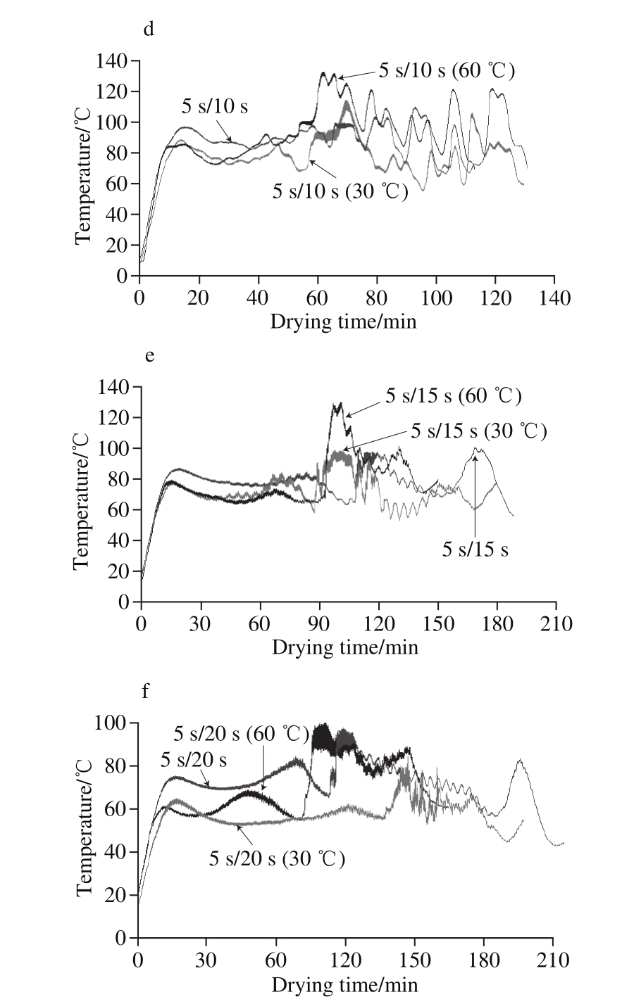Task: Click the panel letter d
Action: coord(148,30)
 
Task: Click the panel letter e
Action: coord(148,355)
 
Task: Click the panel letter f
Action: coord(145,691)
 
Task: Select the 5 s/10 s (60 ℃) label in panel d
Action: coord(447,71)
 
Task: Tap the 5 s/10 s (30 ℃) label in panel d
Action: coord(340,190)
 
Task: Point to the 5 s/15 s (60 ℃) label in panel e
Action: coord(453,396)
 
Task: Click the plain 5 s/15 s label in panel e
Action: coord(475,549)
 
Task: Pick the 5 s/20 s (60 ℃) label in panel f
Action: coord(242,734)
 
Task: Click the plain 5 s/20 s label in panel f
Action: coord(194,759)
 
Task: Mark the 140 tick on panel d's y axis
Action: coord(111,61)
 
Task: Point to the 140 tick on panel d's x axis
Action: coord(554,296)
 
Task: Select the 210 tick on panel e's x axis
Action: coord(556,623)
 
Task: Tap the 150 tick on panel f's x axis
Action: coord(414,960)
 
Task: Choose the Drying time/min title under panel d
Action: coord(344,322)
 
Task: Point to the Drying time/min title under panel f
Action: coord(345,984)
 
